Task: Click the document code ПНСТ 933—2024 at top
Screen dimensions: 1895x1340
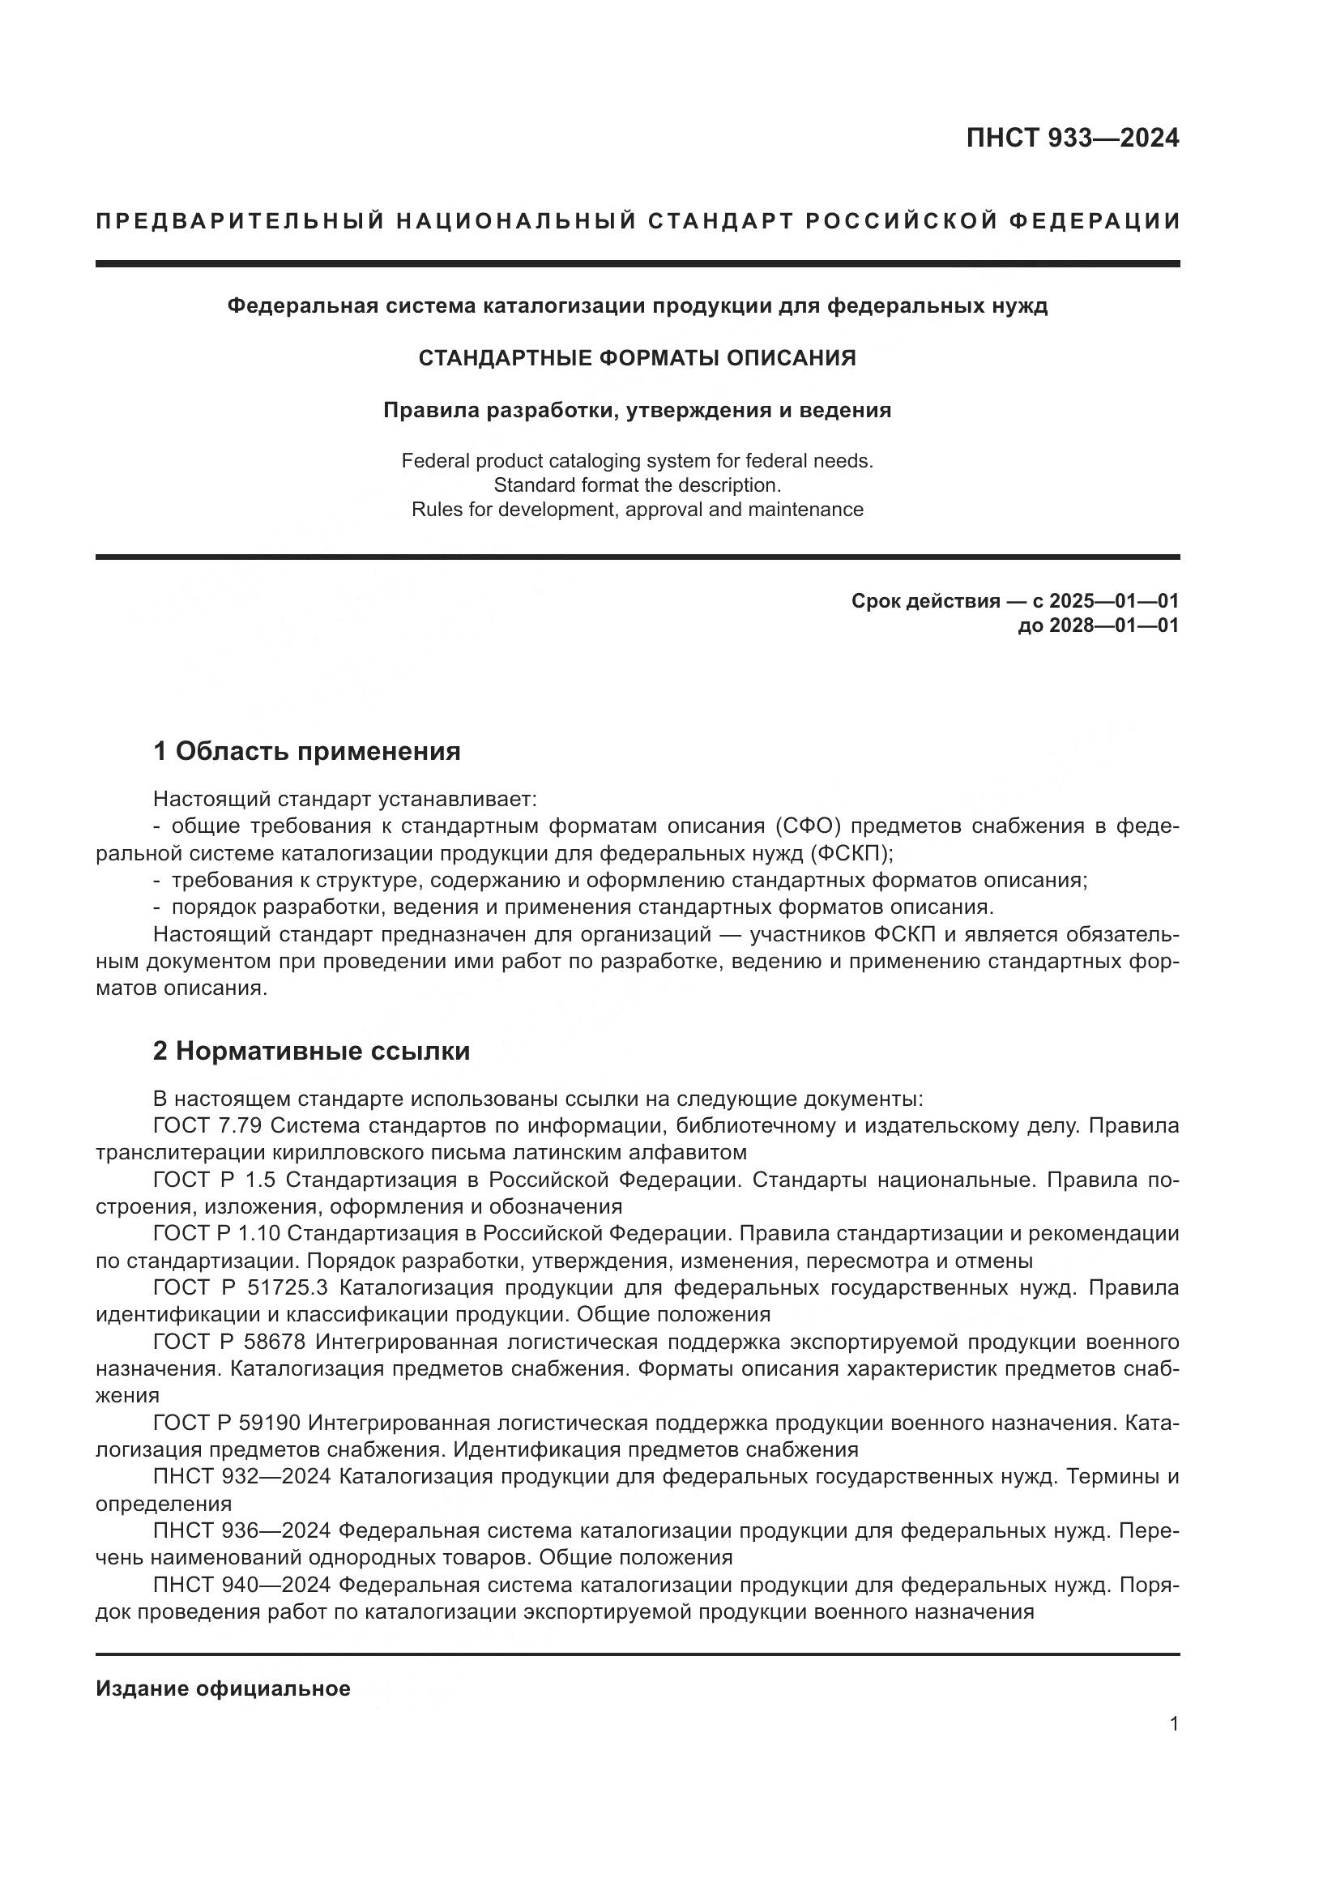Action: point(1072,138)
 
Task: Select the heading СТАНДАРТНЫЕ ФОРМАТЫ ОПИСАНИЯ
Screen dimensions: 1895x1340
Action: point(637,358)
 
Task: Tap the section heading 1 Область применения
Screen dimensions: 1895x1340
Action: point(306,751)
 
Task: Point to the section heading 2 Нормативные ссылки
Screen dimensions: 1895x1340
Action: point(311,1051)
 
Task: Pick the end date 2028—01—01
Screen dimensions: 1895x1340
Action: point(1113,625)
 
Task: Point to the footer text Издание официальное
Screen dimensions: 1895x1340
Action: point(223,1688)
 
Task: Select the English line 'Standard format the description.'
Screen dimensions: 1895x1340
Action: point(637,484)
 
